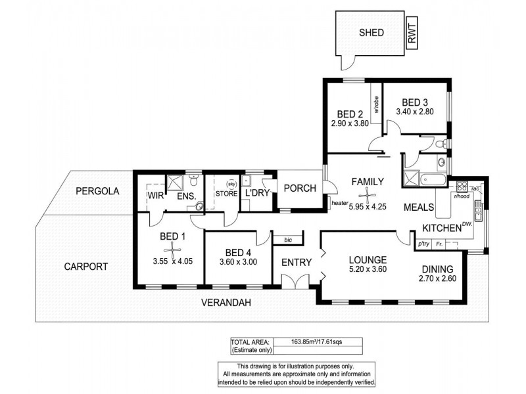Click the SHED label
coord(371,32)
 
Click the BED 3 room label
coord(415,102)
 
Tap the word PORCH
coord(300,188)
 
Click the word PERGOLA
coord(97,192)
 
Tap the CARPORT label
coord(85,267)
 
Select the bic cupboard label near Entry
coord(287,240)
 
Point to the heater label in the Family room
coord(339,204)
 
